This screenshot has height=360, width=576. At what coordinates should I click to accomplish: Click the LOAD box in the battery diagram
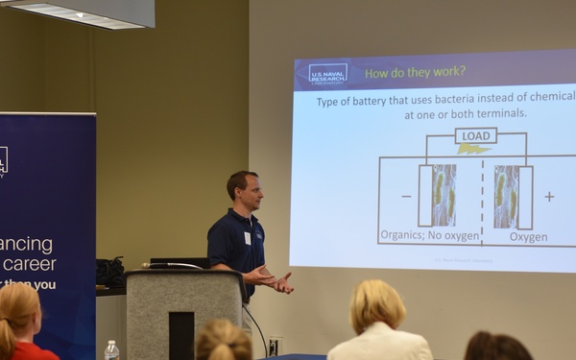(476, 135)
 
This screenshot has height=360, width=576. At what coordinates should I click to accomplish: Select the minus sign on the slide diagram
(406, 196)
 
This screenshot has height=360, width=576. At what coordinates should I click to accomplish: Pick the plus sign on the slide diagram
(549, 196)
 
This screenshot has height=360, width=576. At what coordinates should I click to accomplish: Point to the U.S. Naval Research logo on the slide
(328, 73)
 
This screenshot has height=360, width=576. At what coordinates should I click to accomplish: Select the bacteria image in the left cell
(444, 195)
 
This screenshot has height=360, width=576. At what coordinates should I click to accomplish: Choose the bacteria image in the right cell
(506, 196)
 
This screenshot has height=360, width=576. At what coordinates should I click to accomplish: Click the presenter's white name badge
(247, 237)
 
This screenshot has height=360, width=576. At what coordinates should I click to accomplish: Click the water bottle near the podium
(111, 350)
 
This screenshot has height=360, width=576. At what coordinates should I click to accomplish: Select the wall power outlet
(275, 344)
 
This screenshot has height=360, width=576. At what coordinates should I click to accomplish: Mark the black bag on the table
(109, 273)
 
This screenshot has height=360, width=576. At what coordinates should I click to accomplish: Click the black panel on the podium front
(180, 335)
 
